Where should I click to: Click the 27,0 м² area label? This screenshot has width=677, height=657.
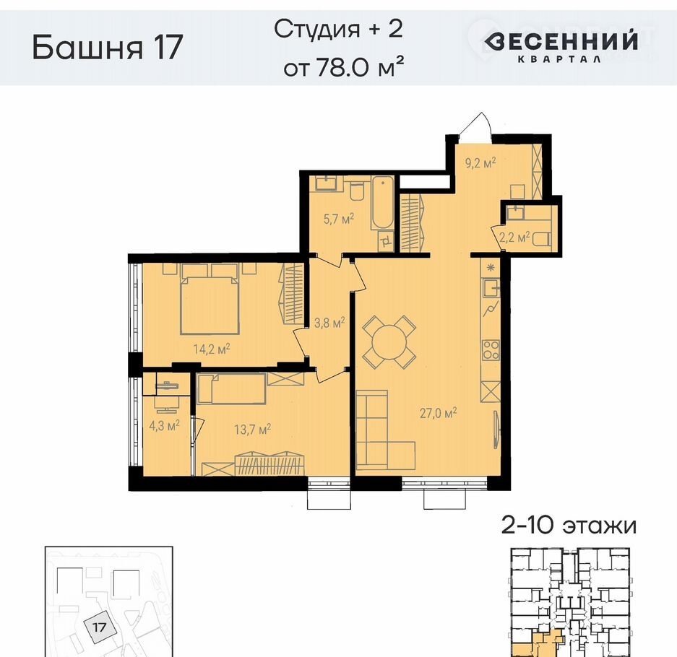439,413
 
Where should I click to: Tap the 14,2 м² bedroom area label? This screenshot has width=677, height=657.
211,349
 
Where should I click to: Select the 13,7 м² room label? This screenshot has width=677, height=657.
253,430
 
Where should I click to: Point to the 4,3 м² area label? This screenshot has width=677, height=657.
164,426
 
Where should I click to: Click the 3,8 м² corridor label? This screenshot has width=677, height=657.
329,322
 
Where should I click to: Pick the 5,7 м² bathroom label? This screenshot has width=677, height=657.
339,219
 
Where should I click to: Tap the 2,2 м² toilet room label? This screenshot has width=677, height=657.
514,237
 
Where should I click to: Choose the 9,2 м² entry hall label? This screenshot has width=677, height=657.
480,163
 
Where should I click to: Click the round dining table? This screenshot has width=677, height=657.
389,342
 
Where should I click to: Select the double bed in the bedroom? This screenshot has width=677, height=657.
210,300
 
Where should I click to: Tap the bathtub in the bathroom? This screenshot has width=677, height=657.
382,203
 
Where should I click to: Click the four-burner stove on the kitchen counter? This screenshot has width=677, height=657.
491,350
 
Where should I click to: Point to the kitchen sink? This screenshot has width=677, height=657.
491,287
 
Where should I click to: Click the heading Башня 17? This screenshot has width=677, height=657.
108,47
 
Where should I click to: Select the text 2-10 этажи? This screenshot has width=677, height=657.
569,526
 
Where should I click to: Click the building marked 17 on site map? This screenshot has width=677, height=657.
100,627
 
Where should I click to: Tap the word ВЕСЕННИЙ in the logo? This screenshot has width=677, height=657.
561,41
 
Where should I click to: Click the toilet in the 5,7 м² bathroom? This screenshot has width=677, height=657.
357,191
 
